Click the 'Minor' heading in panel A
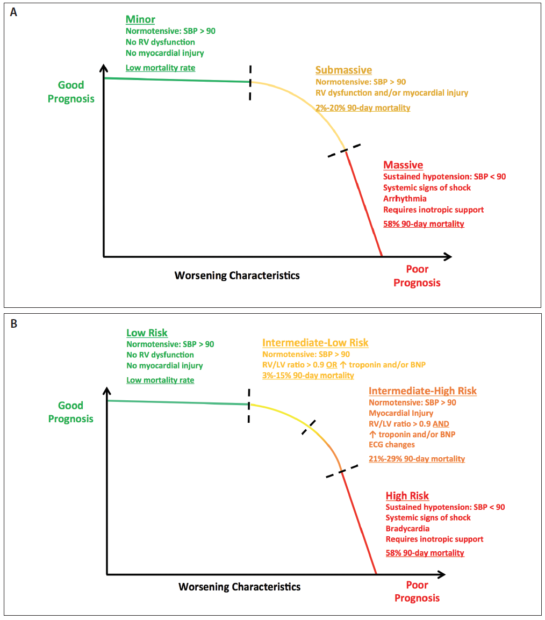pos(140,19)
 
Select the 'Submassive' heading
pos(343,70)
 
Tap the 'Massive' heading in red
pos(403,165)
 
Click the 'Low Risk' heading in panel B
pos(147,333)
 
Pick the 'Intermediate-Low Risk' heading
pos(315,343)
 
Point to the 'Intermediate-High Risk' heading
pos(423,391)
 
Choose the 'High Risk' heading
pos(407,496)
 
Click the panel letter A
pos(14,13)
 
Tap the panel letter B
pos(14,324)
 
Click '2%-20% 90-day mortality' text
pos(363,108)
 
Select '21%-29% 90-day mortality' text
pos(417,459)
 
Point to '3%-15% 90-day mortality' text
pos(308,375)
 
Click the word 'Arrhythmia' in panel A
pos(405,198)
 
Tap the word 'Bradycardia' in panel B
pos(407,529)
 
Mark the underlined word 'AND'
pos(441,424)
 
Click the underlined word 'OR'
pos(332,365)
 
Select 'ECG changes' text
pos(391,445)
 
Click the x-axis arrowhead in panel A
pos(448,257)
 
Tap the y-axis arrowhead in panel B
pos(107,391)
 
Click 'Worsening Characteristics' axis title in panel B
pos(239,587)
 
